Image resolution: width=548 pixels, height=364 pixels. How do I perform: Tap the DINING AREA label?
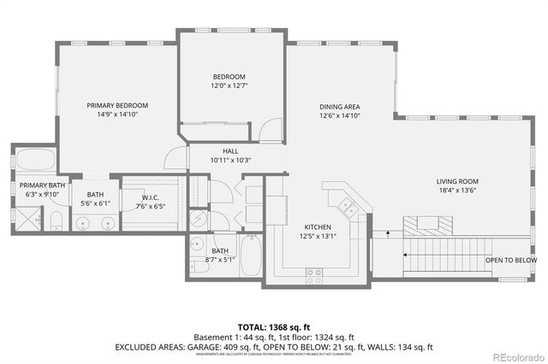(340, 105)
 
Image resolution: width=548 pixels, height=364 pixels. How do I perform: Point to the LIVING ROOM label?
(456, 181)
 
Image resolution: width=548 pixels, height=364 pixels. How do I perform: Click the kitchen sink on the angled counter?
(348, 205)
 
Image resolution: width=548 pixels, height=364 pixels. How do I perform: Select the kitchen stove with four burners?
(314, 274)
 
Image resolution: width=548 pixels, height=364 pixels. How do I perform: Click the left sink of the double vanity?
(82, 224)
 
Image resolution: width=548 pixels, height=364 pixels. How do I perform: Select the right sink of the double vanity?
(108, 224)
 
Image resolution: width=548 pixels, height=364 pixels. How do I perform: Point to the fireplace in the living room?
(426, 225)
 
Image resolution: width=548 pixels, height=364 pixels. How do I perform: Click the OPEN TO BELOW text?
(510, 261)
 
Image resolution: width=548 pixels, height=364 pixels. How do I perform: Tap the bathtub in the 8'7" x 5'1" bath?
(251, 255)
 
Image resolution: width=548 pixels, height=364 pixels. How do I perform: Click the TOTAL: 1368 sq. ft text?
(273, 326)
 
